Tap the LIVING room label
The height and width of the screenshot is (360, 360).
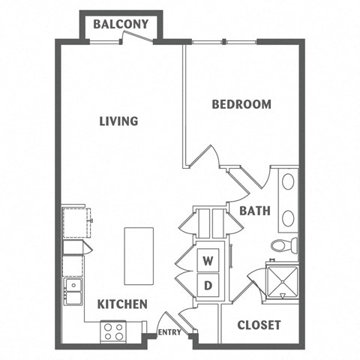pos(119,121)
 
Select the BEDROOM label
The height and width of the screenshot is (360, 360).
pos(241,104)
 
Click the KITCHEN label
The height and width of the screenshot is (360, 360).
pos(121,304)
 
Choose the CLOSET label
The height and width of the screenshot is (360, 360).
pos(259,325)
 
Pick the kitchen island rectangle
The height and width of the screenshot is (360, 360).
pos(139,256)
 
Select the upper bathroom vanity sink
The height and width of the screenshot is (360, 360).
pos(288,183)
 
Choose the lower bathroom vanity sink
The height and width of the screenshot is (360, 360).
pos(288,217)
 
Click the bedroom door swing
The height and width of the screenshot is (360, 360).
pos(205,158)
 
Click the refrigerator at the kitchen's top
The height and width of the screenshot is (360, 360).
pos(74,220)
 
